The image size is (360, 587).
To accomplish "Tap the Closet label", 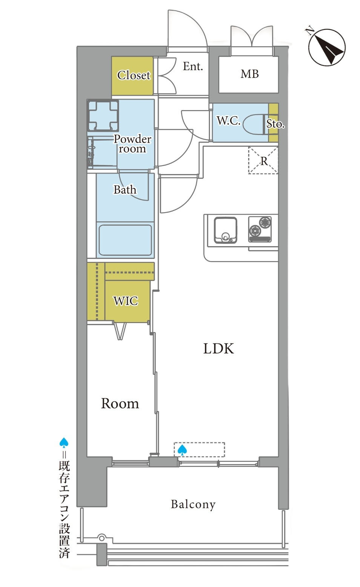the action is [x=134, y=75].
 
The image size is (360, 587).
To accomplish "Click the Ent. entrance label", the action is [x=193, y=66].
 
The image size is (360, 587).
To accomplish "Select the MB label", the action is [x=250, y=74].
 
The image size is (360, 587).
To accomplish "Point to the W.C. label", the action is [x=228, y=120].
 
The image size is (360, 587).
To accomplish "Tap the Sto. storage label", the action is [x=275, y=124].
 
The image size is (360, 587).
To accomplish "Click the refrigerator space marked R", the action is [x=263, y=160].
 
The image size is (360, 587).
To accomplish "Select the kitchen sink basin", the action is [x=225, y=230].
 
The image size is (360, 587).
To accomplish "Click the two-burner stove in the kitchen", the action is [x=260, y=229].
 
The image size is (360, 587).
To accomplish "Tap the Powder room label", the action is [x=132, y=144].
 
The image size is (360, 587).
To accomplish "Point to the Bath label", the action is [x=125, y=190].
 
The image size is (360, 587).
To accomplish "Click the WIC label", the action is [x=126, y=301].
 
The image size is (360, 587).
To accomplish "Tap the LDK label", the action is [x=218, y=349].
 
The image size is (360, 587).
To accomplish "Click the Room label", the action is [x=120, y=404].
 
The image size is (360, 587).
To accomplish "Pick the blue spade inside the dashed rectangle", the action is [x=182, y=450].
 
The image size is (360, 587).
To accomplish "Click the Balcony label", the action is [x=193, y=504].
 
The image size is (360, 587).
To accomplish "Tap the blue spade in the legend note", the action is [x=64, y=442].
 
